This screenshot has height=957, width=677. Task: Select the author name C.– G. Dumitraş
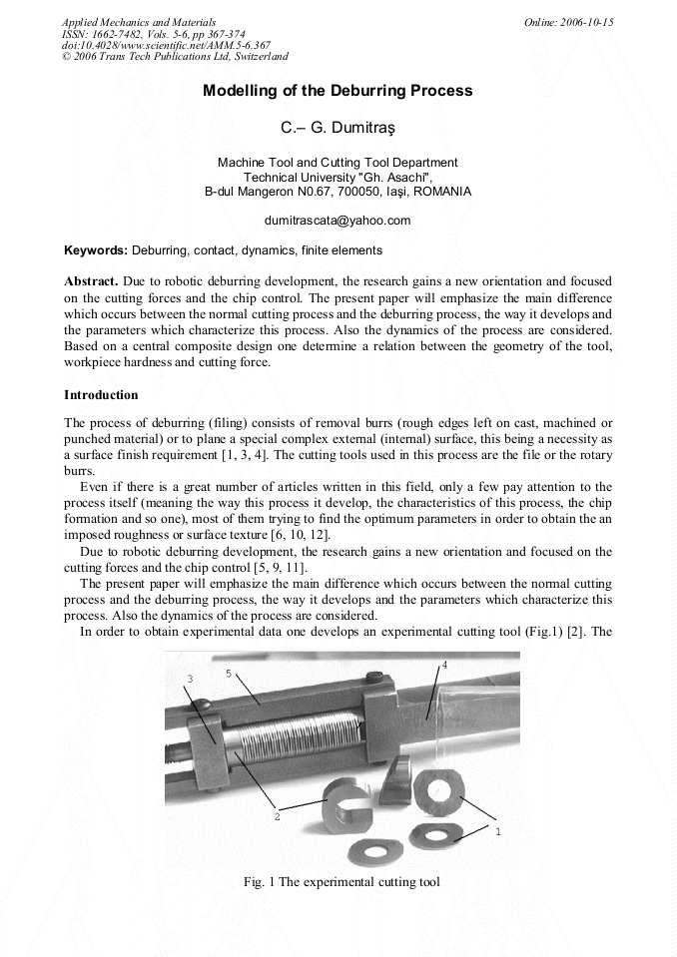338,128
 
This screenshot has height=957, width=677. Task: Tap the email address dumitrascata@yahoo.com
338,220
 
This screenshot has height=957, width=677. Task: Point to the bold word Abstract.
92,281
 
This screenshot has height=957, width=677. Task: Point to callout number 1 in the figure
498,830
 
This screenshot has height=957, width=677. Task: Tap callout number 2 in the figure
277,815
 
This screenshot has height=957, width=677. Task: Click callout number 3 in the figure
190,679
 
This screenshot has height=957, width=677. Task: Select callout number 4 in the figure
444,664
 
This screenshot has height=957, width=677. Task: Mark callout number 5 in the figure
229,674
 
